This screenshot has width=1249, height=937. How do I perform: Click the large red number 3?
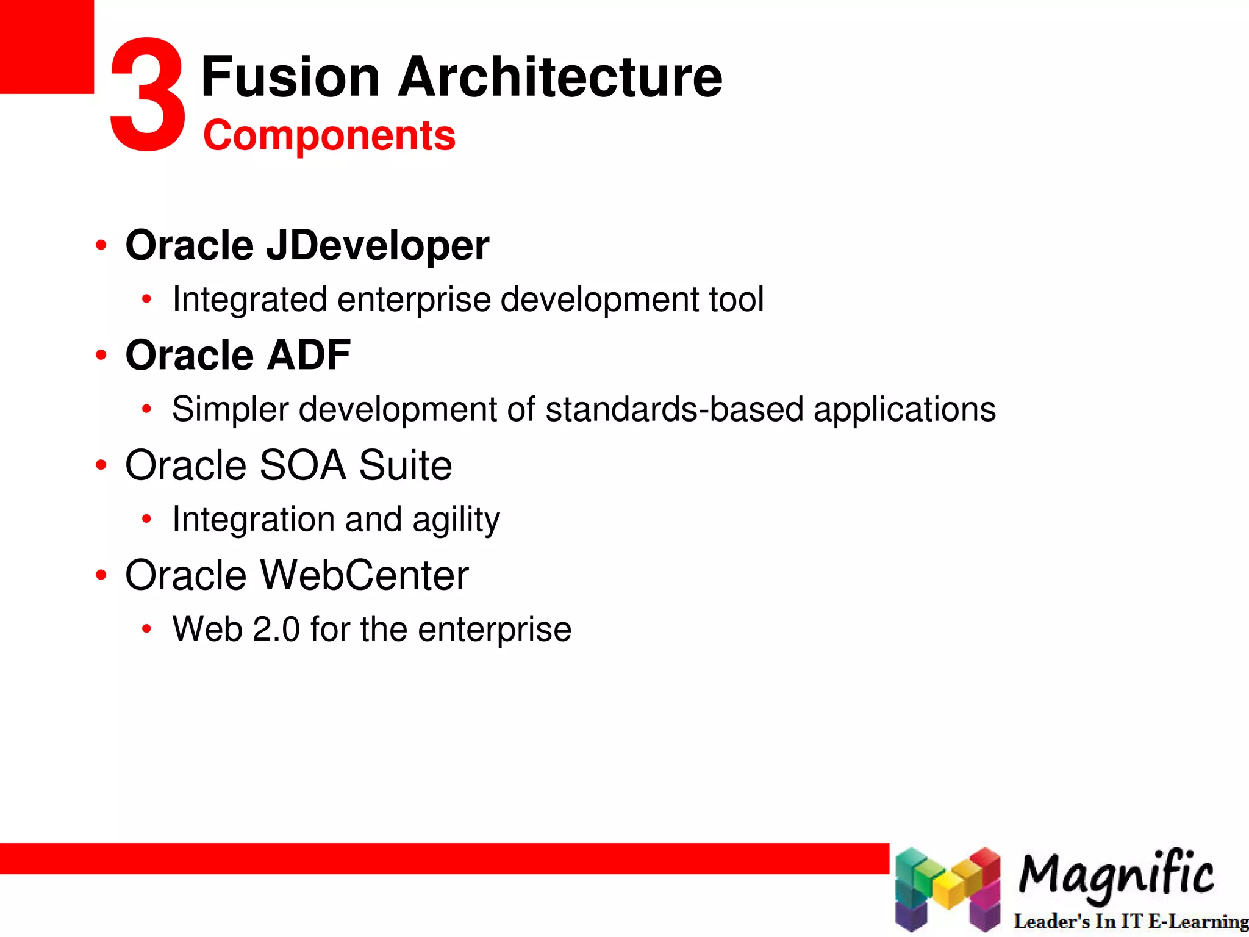point(148,95)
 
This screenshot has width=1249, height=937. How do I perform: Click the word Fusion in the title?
point(290,77)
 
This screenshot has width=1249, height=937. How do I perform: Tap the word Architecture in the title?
point(559,77)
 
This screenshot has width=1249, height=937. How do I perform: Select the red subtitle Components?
point(329,135)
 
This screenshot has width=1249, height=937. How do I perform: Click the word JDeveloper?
point(377,245)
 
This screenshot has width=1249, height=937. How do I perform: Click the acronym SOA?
point(302,465)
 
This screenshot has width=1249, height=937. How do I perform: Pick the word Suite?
point(405,465)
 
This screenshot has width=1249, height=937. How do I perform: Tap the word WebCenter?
point(364,575)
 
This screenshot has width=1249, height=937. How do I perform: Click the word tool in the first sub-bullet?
point(736,300)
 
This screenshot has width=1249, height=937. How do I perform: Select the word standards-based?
point(674,409)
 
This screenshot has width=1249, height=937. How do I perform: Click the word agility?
point(456,520)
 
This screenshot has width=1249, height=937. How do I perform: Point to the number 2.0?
point(276,629)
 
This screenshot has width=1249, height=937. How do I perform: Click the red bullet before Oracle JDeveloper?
point(101,246)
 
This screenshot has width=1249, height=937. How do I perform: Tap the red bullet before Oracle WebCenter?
point(101,575)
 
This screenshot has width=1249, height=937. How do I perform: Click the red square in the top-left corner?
point(46,46)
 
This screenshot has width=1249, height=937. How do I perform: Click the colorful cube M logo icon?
point(947,888)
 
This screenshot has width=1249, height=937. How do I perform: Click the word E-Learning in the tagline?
point(1198,921)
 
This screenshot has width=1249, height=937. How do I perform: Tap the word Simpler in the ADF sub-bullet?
point(230,409)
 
